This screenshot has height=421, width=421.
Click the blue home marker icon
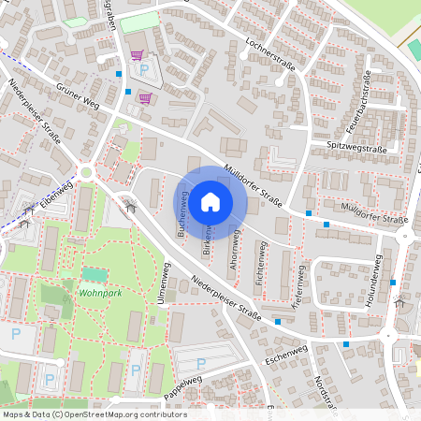point(210,200)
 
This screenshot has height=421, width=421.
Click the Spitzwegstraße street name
point(357,149)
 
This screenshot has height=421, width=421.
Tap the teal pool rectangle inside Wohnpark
point(94,274)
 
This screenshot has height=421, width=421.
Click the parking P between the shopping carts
point(144,69)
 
